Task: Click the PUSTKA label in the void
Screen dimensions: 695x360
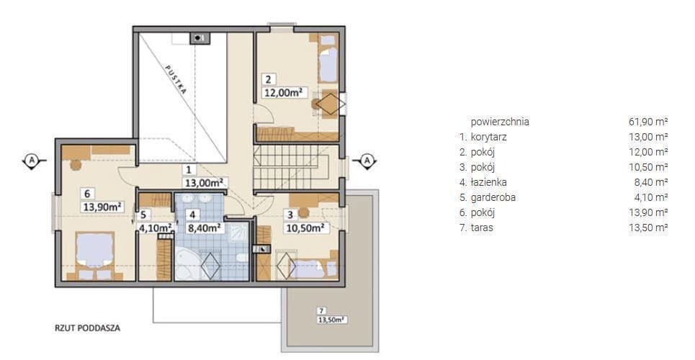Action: coord(176,79)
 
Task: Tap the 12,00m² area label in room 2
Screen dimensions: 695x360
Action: coord(284,93)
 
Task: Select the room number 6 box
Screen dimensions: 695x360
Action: coord(87,193)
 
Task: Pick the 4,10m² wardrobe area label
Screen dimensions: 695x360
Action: coord(156,228)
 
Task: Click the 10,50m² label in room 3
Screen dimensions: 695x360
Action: coord(306,228)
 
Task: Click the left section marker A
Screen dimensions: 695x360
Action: coord(32,161)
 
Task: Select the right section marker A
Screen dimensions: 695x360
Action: coord(367,161)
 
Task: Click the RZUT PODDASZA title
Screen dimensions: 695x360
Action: coord(88,328)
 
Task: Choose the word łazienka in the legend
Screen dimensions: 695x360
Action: coord(489,182)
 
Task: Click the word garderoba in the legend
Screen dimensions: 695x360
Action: coord(493,197)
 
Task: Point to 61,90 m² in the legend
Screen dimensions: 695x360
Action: coord(648,122)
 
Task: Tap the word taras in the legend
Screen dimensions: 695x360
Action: coord(482,228)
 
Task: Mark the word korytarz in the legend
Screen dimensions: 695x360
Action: coord(489,137)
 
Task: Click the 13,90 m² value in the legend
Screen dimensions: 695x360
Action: coord(648,212)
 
